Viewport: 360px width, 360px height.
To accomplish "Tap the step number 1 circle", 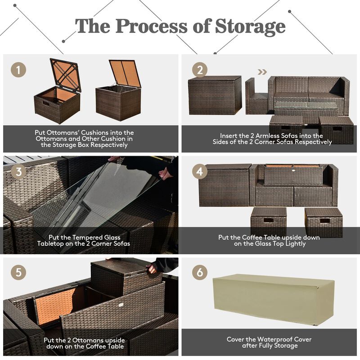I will (x=18, y=70).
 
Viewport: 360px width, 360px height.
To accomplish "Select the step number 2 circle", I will (x=200, y=70).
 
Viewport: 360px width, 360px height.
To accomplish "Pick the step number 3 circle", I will (x=18, y=172).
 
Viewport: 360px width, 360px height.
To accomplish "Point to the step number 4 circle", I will (x=200, y=172).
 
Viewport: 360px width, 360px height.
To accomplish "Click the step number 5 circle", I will (x=18, y=273).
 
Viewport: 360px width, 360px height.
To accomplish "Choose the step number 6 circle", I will (x=200, y=273).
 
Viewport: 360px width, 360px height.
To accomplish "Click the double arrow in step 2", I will (x=262, y=71).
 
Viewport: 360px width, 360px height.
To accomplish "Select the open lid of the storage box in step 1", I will (x=125, y=73).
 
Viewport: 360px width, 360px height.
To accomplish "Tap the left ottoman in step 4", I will (x=268, y=221).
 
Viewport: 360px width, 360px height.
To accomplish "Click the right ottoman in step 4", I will (x=323, y=221).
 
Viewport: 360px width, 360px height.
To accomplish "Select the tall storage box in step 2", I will (x=215, y=95).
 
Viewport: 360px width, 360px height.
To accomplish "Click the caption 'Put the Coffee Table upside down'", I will (x=269, y=240).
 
